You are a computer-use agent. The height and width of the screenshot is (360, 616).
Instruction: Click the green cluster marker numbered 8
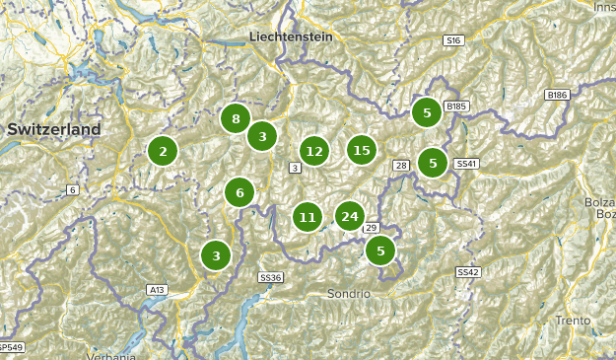pos(235,119)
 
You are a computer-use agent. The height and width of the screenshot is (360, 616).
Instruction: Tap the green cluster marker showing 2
pos(163,151)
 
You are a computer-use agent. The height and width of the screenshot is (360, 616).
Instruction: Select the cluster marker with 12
pos(313,151)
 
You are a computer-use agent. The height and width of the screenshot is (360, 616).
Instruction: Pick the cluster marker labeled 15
pos(362,150)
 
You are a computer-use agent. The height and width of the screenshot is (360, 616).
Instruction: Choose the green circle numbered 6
pos(240,192)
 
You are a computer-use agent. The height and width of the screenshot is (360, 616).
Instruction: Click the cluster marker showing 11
pos(308,216)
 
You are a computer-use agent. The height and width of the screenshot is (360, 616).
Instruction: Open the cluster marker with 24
pos(349,215)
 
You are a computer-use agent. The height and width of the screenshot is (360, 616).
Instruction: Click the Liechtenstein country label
pos(291,36)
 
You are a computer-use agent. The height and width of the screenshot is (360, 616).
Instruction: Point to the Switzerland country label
pos(54,129)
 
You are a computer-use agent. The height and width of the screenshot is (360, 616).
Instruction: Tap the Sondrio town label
pos(349,294)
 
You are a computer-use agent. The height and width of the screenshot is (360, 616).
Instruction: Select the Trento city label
pos(573,320)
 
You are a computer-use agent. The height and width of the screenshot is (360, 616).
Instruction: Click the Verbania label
pos(109,354)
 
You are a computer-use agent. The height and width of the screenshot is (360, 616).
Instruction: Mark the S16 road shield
pos(452,40)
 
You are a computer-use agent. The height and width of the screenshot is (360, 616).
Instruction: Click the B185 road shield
pos(455,106)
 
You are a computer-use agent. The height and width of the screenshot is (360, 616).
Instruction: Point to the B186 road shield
pos(557,95)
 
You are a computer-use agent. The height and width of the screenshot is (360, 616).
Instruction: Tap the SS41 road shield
pos(466,163)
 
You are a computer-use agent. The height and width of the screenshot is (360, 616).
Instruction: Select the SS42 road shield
pos(467,271)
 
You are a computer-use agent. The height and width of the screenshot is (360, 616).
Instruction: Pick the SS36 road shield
pos(270,278)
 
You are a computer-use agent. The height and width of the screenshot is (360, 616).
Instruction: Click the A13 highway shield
pos(157,290)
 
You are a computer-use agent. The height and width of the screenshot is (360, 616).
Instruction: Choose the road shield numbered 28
pos(401,165)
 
